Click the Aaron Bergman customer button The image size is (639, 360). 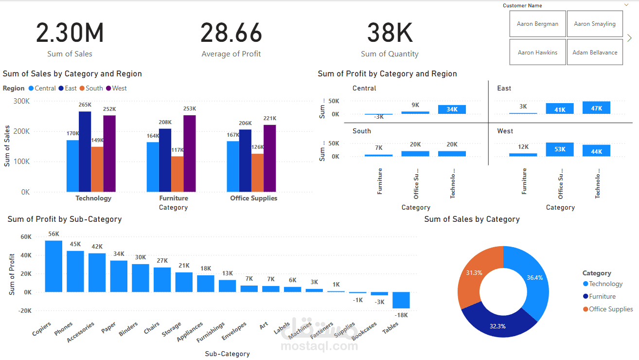[537, 24]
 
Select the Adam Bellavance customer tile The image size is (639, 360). [595, 53]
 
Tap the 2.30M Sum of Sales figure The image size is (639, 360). [70, 33]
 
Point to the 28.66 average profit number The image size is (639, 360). [231, 33]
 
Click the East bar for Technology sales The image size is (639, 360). [85, 151]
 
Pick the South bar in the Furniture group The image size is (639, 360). [177, 174]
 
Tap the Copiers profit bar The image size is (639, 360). [53, 266]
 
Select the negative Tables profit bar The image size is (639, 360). [401, 300]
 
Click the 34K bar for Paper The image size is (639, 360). [119, 276]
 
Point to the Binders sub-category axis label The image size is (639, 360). [128, 329]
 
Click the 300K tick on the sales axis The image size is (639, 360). [21, 101]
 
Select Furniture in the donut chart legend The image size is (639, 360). [602, 296]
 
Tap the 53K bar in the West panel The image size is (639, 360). [560, 149]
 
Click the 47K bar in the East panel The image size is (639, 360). [596, 108]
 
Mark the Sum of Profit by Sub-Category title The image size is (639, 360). [65, 219]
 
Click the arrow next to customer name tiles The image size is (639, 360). [630, 38]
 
